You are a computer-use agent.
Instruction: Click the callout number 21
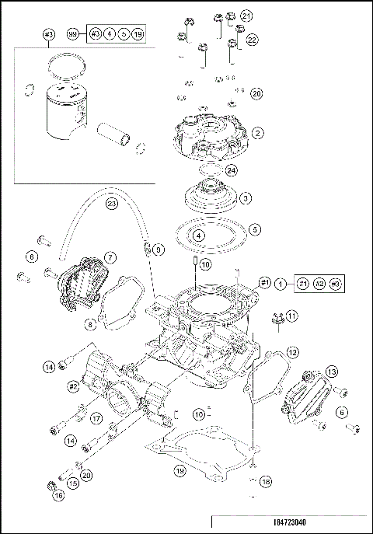click(246, 16)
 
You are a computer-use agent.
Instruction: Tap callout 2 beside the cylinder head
click(256, 134)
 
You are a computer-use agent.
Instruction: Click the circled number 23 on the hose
click(111, 204)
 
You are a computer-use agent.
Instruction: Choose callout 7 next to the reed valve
click(111, 257)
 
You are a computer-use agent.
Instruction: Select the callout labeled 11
click(291, 316)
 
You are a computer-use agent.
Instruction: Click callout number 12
click(292, 351)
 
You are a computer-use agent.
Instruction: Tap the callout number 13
click(331, 371)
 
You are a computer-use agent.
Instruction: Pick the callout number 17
click(96, 418)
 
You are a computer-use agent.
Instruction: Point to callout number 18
click(267, 482)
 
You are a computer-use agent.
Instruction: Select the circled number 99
click(72, 34)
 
